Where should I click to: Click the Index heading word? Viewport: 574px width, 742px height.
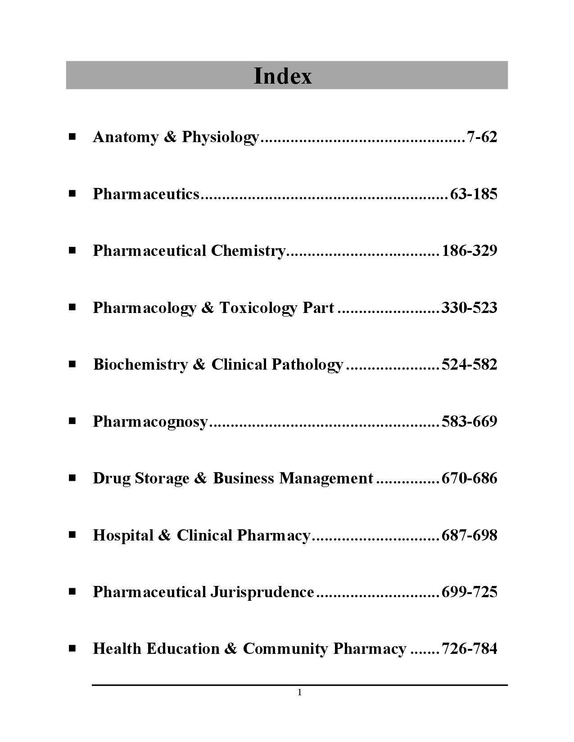[283, 76]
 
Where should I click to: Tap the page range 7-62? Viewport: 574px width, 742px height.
[482, 137]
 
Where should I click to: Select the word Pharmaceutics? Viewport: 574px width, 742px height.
[146, 194]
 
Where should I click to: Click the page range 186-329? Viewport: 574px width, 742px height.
[470, 250]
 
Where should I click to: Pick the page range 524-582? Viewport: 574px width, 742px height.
[470, 364]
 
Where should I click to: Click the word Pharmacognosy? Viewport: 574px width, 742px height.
[150, 422]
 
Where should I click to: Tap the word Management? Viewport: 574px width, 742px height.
[326, 478]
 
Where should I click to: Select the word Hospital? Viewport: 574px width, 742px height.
[123, 535]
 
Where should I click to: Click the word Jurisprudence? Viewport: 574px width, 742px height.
[262, 592]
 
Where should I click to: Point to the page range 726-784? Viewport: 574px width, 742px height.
[470, 649]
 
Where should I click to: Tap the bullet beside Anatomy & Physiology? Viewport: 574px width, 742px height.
[72, 136]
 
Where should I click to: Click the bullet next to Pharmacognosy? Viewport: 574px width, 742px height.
[72, 421]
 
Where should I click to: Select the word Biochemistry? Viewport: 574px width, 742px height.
[140, 364]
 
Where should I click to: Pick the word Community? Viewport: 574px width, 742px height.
[285, 649]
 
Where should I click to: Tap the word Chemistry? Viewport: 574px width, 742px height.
[248, 250]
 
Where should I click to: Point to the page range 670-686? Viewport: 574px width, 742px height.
[470, 478]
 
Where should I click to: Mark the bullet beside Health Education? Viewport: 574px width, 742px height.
[72, 648]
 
